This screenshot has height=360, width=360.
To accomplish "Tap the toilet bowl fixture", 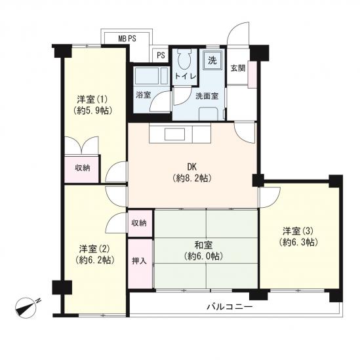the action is [x=186, y=60].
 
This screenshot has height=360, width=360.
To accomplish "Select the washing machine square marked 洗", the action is [x=212, y=60].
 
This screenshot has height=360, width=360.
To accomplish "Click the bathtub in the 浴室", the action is [x=151, y=76].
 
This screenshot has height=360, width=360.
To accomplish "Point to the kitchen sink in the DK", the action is [x=174, y=134].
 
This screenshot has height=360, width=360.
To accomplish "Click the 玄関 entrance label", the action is [x=237, y=68].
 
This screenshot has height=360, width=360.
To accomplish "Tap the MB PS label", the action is [x=127, y=39].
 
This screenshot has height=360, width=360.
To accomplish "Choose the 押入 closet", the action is [x=140, y=264].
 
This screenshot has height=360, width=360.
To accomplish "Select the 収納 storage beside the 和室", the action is [x=140, y=223].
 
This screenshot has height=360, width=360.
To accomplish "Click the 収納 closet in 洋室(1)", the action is [x=82, y=169].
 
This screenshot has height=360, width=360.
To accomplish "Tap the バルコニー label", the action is [x=230, y=306].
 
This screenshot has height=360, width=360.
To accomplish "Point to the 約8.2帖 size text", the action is [x=192, y=178].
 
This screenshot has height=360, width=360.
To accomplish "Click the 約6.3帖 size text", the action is [x=298, y=242].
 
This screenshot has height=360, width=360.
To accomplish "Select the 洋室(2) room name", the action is [x=94, y=249].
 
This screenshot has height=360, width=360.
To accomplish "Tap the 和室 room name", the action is [x=203, y=245].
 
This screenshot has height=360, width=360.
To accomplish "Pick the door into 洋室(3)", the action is [x=270, y=197].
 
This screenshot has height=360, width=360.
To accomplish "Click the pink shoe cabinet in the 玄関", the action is [x=252, y=74].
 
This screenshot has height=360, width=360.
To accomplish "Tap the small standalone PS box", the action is [x=161, y=55].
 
